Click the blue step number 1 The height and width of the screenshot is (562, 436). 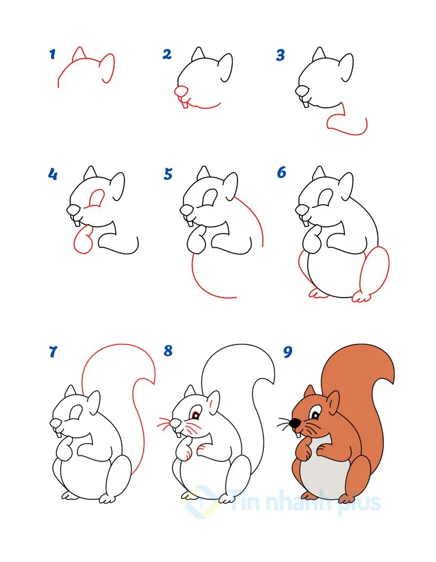coord(53,54)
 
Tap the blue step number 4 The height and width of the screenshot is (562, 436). coord(53,174)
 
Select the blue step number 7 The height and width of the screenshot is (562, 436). coord(53,352)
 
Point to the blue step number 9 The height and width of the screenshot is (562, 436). coord(287,352)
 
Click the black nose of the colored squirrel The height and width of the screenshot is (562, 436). coord(295,423)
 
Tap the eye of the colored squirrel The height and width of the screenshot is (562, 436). coord(315,415)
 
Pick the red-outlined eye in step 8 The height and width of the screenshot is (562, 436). coord(196,415)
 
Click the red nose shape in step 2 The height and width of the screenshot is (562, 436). coord(181,91)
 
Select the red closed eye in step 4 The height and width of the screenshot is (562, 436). coord(97,198)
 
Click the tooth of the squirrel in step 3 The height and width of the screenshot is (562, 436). coord(306,103)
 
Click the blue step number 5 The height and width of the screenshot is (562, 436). coord(168,174)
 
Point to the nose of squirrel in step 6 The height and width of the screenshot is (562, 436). coord(301,209)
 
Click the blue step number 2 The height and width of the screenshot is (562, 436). coord(167,54)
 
